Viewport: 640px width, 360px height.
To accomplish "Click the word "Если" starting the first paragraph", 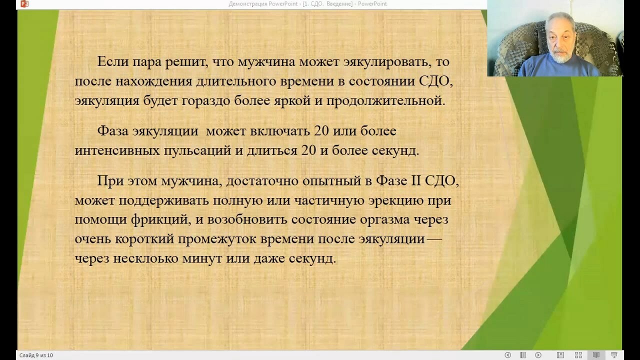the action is (x=113, y=61).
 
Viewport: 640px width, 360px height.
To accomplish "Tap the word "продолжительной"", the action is (x=385, y=101).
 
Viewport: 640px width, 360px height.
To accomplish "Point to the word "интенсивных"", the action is (x=117, y=150).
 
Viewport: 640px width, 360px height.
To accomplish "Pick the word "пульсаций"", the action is (x=197, y=151).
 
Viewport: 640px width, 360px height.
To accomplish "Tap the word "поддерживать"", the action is (x=163, y=200).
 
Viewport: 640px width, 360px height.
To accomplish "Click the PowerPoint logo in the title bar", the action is (x=24, y=4).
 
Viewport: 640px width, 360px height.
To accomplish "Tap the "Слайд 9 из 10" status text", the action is (x=36, y=355).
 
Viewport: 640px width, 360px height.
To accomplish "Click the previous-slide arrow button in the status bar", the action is (x=507, y=355).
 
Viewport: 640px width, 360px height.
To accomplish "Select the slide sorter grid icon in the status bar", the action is (x=578, y=355).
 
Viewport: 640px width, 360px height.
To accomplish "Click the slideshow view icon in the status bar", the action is (x=614, y=355).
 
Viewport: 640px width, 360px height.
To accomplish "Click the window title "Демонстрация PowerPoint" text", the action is (x=263, y=4).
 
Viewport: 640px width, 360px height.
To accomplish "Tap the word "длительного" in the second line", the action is (x=236, y=81).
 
